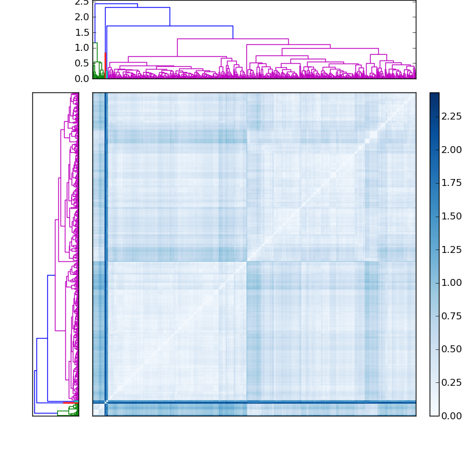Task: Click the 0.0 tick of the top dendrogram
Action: pyautogui.click(x=81, y=78)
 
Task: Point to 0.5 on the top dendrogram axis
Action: pyautogui.click(x=81, y=63)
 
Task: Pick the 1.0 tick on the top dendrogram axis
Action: pyautogui.click(x=81, y=47)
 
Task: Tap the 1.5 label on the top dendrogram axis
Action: pyautogui.click(x=81, y=32)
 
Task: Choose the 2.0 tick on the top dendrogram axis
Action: pyautogui.click(x=81, y=17)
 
